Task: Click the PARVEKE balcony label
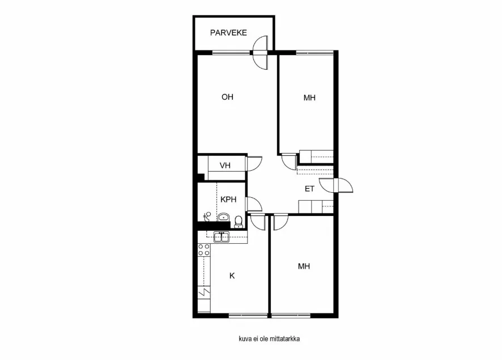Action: (228, 33)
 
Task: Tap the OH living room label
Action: (227, 97)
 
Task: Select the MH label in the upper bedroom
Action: (309, 98)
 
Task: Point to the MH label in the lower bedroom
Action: (304, 266)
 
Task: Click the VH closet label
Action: (226, 166)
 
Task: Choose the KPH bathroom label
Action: (228, 200)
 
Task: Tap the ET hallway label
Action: (309, 189)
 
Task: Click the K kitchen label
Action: (232, 276)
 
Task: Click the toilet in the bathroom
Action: (239, 221)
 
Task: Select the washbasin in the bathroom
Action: (224, 216)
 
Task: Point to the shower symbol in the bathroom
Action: (207, 215)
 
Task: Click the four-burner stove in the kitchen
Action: (203, 251)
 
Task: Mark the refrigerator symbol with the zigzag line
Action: (203, 293)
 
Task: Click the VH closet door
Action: (254, 163)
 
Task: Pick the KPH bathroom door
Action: (252, 204)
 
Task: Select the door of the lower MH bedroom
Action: (280, 222)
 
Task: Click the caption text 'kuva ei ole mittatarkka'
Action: (269, 339)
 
